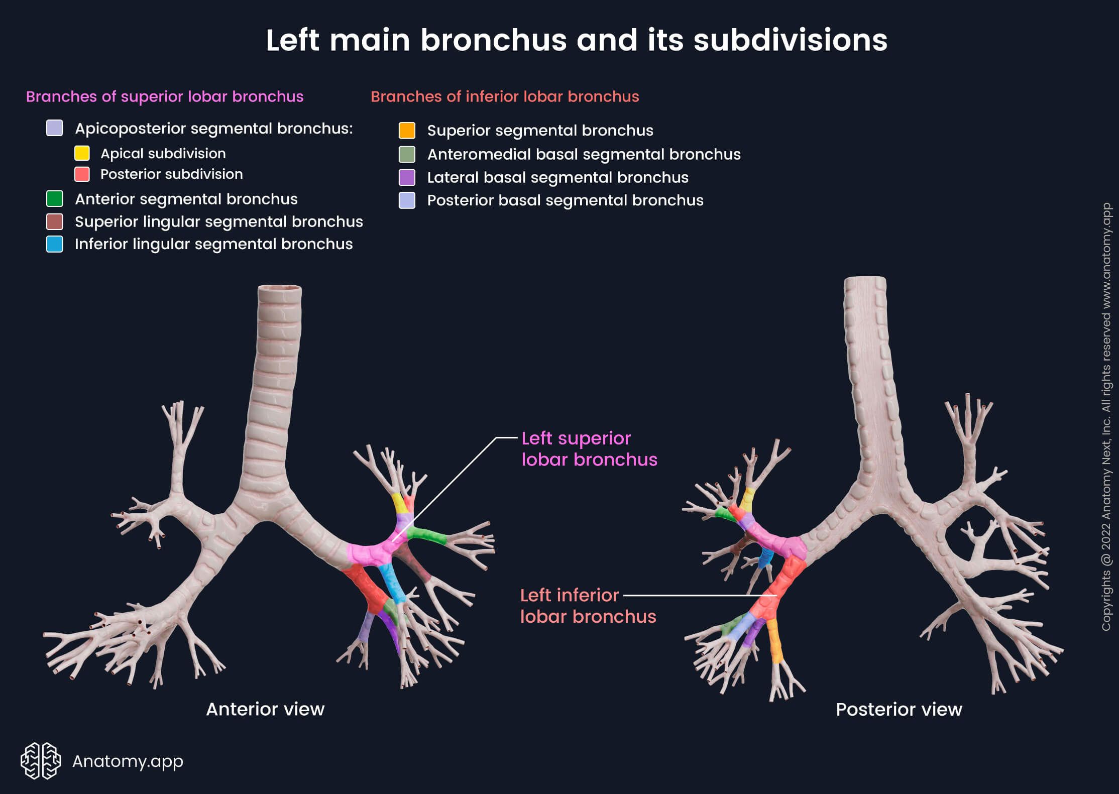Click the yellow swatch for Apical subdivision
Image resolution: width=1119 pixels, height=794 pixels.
point(82,153)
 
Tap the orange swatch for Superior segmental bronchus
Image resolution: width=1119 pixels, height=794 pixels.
point(407,131)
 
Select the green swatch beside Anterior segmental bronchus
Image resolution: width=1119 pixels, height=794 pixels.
point(54,199)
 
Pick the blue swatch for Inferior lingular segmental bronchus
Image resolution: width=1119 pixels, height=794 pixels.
point(54,244)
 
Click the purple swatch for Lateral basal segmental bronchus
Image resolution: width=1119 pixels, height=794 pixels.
point(407,177)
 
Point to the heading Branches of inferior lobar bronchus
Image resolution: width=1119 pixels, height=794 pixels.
point(504,96)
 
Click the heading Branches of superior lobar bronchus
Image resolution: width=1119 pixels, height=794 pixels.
point(164,96)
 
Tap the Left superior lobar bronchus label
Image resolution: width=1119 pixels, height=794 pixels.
point(588,449)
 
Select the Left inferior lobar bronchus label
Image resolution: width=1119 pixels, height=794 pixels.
point(587,606)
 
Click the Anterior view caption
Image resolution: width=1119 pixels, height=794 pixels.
point(265,709)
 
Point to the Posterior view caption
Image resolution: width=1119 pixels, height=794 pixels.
point(899,709)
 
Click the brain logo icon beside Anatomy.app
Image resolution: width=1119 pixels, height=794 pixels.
point(41,761)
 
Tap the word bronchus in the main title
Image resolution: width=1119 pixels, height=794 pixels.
point(493,40)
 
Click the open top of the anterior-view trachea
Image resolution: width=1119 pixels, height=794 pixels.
point(280,288)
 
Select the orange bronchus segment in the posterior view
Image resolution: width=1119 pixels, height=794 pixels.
point(775,640)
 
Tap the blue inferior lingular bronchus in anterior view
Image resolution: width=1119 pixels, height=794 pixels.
point(392,583)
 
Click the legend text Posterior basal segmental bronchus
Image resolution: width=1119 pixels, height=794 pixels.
point(565,200)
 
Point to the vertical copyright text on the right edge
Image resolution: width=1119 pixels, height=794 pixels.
point(1106,417)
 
